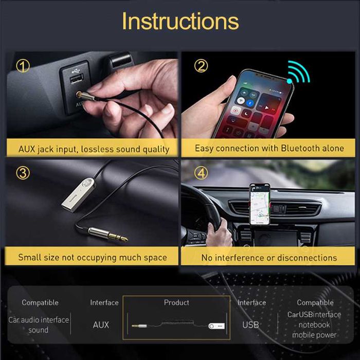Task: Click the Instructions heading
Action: (x=180, y=21)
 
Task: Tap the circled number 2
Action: (x=201, y=66)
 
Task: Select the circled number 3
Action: (x=23, y=173)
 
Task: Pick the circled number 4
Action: (x=201, y=173)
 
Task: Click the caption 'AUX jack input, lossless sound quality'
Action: (x=94, y=149)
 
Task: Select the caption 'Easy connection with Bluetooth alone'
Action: (x=269, y=148)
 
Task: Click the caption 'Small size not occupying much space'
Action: (x=93, y=257)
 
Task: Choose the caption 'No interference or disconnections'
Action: (x=269, y=257)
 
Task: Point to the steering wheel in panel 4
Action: (x=203, y=216)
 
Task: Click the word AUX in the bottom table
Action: (x=101, y=325)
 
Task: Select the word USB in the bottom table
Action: (x=250, y=325)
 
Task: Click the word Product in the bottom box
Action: (x=176, y=302)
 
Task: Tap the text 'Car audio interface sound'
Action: (x=39, y=325)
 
